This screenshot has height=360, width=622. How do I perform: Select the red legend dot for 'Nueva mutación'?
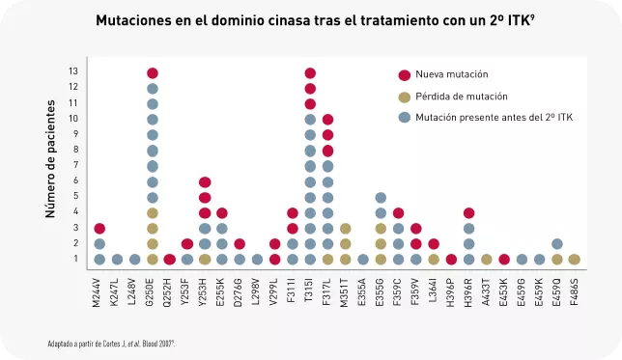[x=404, y=74]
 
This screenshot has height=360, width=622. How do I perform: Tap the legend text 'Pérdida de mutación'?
[x=467, y=97]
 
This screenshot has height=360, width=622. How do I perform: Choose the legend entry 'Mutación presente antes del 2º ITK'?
[x=494, y=117]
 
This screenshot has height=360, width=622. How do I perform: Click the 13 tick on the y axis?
[x=73, y=72]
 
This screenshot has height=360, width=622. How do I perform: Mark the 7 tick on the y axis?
[x=74, y=166]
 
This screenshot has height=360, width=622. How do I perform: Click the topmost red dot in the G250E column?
[x=153, y=73]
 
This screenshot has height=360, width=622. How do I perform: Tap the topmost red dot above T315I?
[x=310, y=73]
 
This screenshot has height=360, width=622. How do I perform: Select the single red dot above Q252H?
[x=170, y=260]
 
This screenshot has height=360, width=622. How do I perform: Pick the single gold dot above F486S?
[x=574, y=260]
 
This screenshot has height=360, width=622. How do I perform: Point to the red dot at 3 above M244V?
[x=99, y=229]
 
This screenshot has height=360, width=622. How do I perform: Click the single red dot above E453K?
[x=503, y=260]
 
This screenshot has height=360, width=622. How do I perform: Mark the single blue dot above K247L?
[x=117, y=260]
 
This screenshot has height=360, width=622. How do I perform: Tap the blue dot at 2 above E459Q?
[x=556, y=244]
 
